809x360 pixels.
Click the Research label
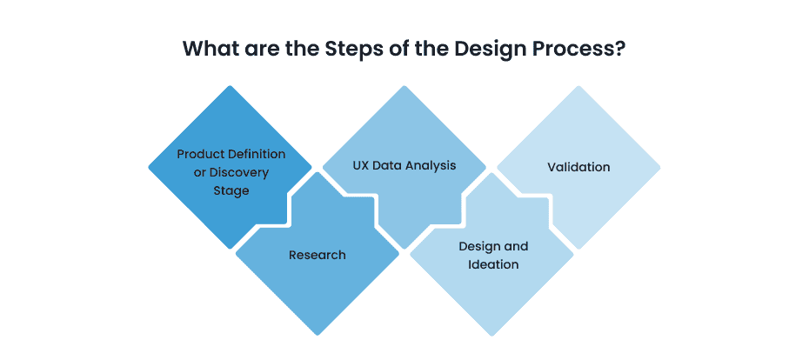click(x=318, y=255)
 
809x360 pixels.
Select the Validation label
click(x=578, y=166)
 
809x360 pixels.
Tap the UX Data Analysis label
click(x=404, y=165)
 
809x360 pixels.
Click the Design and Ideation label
click(x=492, y=255)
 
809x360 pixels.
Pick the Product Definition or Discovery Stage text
click(x=231, y=171)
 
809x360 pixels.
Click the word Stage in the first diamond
click(x=231, y=190)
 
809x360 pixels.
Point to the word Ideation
click(x=492, y=263)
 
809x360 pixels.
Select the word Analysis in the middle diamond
click(x=431, y=165)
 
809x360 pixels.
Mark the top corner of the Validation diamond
click(x=578, y=86)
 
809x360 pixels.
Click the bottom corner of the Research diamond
click(x=318, y=334)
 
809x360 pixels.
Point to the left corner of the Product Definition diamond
click(x=150, y=167)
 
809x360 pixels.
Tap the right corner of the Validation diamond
click(x=659, y=167)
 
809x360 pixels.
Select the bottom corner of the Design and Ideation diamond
click(x=491, y=334)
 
